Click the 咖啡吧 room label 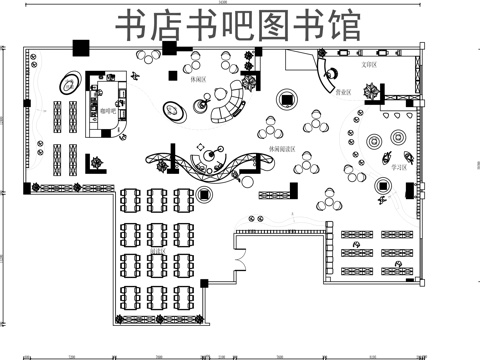click(x=107, y=112)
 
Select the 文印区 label click(x=367, y=64)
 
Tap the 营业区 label click(x=343, y=91)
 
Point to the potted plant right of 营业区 click(x=372, y=93)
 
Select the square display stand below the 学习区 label click(x=382, y=185)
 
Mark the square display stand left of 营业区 click(x=287, y=98)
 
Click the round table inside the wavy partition click(x=207, y=156)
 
